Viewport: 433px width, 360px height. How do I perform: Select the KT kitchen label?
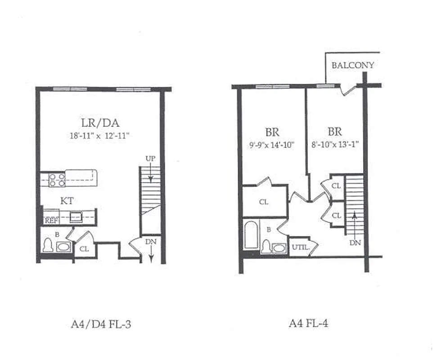tap(67, 201)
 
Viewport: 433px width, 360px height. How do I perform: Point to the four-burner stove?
tap(57, 180)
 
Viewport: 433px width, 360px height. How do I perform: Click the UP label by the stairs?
tap(150, 159)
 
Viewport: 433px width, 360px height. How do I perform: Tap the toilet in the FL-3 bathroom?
tap(48, 245)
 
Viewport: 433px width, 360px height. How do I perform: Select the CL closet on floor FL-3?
tap(84, 248)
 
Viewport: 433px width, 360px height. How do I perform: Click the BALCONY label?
tap(352, 65)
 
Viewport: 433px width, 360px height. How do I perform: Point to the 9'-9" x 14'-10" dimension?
tap(272, 145)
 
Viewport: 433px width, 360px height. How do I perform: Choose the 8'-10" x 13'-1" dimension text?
tap(335, 145)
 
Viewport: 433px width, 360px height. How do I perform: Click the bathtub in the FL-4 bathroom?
tap(250, 235)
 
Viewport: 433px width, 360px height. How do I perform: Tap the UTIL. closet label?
tap(300, 247)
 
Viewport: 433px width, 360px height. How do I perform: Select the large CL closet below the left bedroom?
tap(264, 202)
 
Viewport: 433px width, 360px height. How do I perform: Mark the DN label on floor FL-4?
tap(355, 243)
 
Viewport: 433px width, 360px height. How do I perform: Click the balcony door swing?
tap(348, 89)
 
